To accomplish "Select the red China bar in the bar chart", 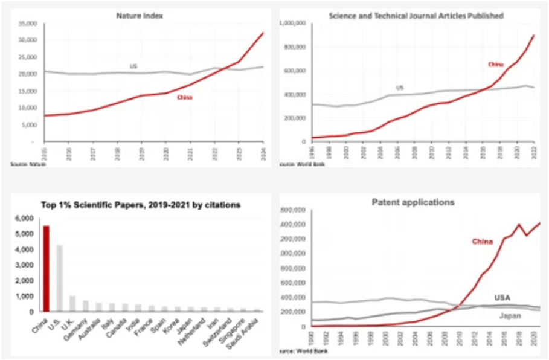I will pyautogui.click(x=46, y=269).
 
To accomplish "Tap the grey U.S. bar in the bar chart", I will pyautogui.click(x=59, y=278).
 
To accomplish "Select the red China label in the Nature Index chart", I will pyautogui.click(x=185, y=97).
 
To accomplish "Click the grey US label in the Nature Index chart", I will pyautogui.click(x=134, y=65).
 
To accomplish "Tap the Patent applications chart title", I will pyautogui.click(x=413, y=202).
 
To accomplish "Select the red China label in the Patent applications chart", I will pyautogui.click(x=466, y=242).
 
